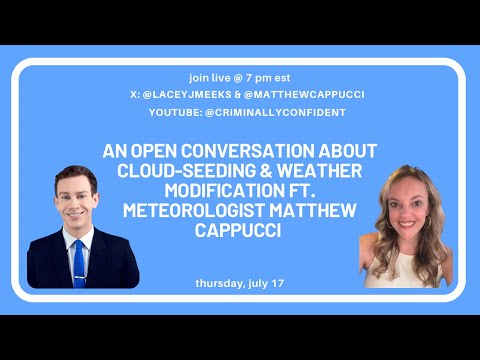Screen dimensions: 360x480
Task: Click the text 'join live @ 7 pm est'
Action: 240,76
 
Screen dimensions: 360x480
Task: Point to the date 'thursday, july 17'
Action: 240,283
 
